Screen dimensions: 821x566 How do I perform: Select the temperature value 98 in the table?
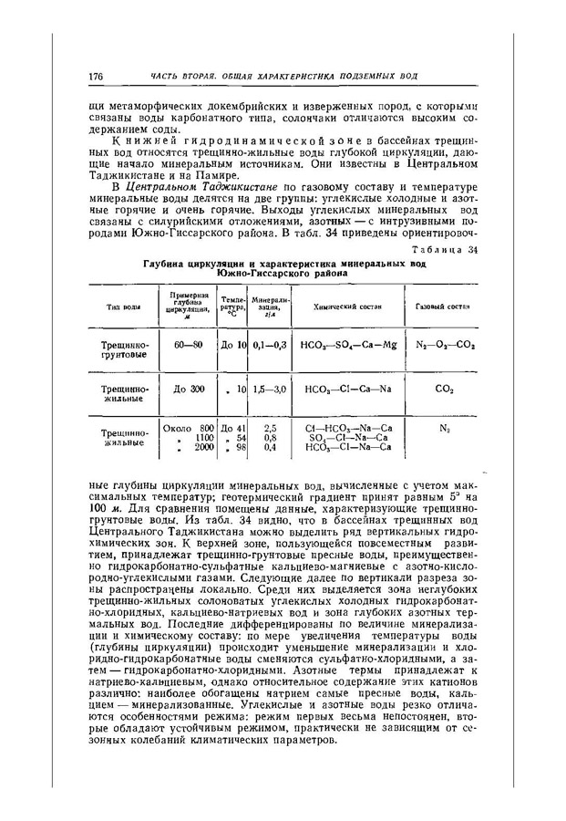click(241, 447)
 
